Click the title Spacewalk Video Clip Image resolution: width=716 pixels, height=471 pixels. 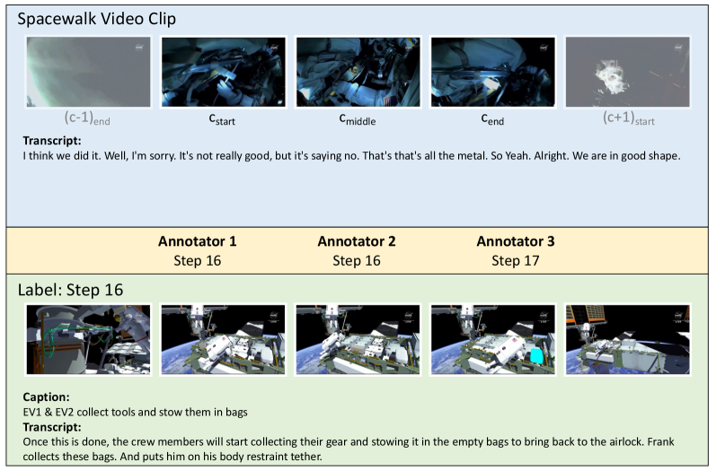tap(96, 19)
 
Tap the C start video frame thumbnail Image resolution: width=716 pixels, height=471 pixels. tap(224, 72)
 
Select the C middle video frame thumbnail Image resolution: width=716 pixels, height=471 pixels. tap(358, 72)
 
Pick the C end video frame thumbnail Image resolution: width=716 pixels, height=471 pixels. tap(493, 72)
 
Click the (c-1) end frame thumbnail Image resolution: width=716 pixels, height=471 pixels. tap(88, 72)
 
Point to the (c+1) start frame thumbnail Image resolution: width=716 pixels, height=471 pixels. tap(628, 72)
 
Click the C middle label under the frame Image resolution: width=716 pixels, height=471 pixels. tap(357, 120)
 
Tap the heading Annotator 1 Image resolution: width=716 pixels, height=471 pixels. tap(198, 241)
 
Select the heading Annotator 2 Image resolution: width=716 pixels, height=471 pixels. tap(357, 241)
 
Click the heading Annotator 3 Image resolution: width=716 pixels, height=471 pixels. tap(516, 241)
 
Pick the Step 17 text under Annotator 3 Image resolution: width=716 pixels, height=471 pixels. tap(516, 261)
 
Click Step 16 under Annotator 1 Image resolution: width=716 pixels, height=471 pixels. tap(198, 261)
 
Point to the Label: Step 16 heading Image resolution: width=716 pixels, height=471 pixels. tap(70, 290)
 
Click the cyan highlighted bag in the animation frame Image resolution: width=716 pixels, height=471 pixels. tap(536, 356)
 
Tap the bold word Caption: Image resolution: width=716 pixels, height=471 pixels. tap(46, 397)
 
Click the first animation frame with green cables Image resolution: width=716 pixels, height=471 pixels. tap(88, 340)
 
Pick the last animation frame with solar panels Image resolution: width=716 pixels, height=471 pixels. tap(628, 340)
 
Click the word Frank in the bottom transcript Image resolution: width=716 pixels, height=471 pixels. tap(660, 441)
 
